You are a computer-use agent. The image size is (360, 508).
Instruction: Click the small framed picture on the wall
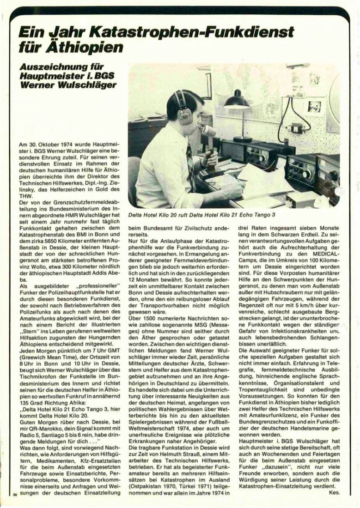(314, 107)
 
